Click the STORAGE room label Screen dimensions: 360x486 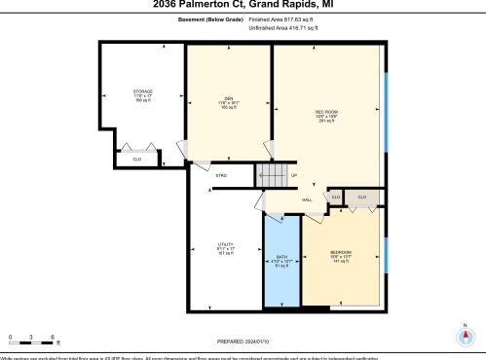coord(143,91)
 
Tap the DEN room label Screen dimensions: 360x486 coord(227,97)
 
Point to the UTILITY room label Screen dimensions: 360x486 coord(226,245)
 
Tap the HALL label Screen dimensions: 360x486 coord(307,199)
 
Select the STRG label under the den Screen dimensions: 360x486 coord(221,175)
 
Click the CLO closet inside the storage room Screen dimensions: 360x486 coord(136,158)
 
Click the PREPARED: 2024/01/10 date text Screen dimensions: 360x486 coord(243,342)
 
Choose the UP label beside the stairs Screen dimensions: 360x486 coord(294,175)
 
